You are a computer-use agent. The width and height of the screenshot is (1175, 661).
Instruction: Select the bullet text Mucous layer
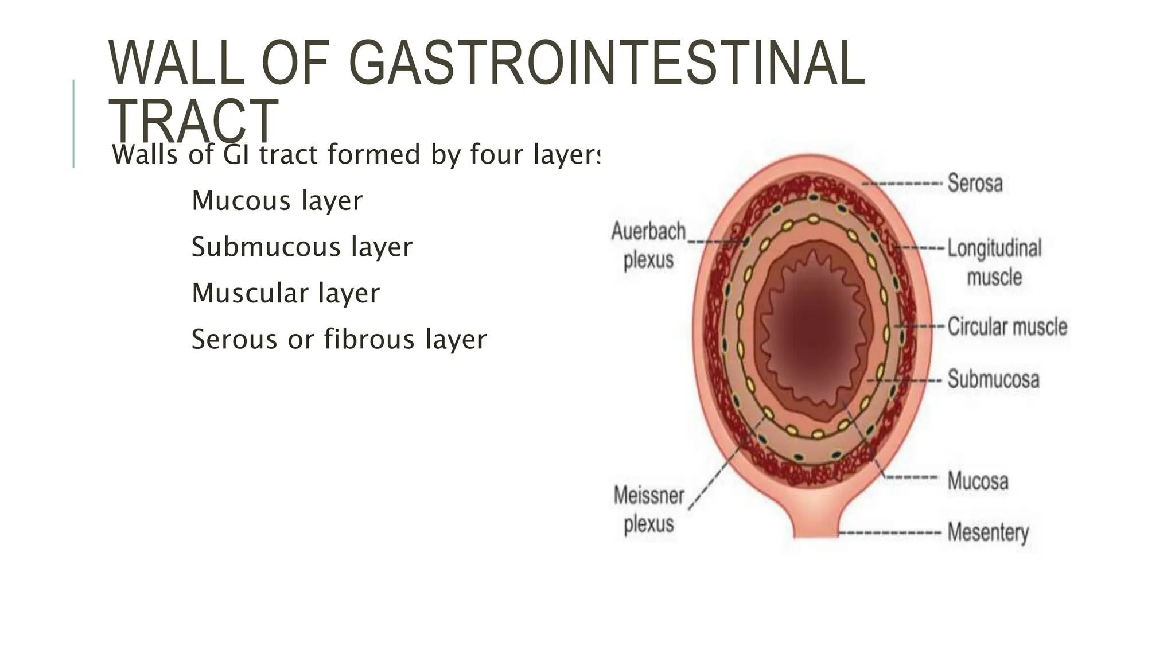click(x=277, y=201)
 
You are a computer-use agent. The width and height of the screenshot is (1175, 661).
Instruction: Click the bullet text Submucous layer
click(x=302, y=247)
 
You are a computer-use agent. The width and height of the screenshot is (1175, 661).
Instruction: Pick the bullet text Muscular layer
click(x=285, y=293)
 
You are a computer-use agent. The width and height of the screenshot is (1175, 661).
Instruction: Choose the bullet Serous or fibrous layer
click(x=339, y=339)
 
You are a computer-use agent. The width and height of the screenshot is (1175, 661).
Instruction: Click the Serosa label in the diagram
click(x=975, y=184)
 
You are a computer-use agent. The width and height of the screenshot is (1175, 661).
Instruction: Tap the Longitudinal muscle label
click(x=994, y=263)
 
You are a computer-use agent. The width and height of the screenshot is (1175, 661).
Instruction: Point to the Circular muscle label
click(x=1007, y=326)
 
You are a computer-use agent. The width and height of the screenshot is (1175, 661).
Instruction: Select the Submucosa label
click(x=993, y=379)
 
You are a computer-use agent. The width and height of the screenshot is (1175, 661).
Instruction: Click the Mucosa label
click(x=978, y=481)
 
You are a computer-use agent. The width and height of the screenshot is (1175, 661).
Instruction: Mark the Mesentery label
click(x=987, y=532)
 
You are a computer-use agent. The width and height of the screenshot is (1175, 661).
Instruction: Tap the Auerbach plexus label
click(x=648, y=246)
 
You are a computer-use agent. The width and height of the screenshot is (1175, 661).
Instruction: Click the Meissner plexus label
click(x=649, y=510)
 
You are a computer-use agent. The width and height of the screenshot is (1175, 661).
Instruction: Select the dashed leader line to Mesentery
click(x=889, y=533)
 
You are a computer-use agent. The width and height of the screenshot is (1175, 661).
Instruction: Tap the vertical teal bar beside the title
click(x=73, y=123)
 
